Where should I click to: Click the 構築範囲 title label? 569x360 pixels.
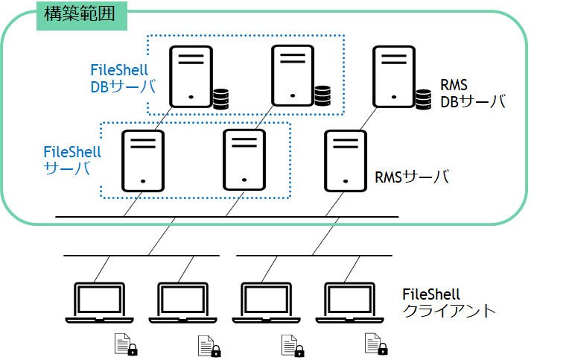[x=80, y=14]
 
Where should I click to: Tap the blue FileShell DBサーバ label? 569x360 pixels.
[x=123, y=78]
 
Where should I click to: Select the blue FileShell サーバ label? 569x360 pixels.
[x=72, y=160]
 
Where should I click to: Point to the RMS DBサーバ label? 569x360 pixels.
[x=473, y=94]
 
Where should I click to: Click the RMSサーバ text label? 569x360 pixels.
[x=412, y=177]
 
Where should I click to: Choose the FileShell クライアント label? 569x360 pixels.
[x=449, y=303]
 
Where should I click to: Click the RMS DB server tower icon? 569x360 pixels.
[x=394, y=77]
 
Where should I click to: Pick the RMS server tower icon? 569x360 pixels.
[x=346, y=161]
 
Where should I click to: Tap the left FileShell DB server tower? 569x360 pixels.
[x=191, y=77]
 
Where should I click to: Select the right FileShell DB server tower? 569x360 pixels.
[x=293, y=75]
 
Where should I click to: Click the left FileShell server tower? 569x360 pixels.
[x=143, y=161]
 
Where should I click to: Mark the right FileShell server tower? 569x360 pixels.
[x=244, y=160]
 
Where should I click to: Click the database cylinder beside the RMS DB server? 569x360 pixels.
[x=424, y=99]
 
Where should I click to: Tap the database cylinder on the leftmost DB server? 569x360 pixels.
[x=220, y=99]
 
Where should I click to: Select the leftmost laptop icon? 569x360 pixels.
[x=100, y=303]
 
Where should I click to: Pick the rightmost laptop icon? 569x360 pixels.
[x=349, y=303]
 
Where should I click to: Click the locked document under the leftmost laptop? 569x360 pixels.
[x=126, y=344]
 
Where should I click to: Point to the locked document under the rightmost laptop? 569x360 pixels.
[x=376, y=344]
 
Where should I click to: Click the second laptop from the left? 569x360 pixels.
[x=183, y=303]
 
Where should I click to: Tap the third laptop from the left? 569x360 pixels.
[x=267, y=303]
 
